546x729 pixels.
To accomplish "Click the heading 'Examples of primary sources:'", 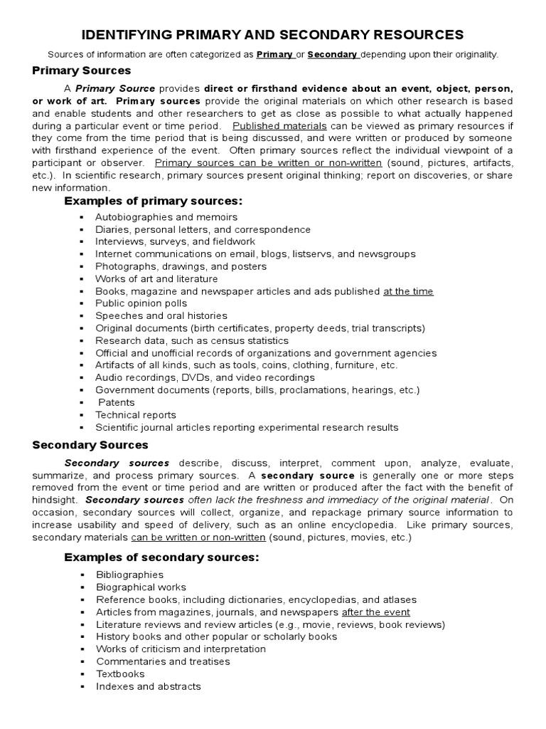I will click(154, 201).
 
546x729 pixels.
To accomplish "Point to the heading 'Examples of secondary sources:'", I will click(161, 557).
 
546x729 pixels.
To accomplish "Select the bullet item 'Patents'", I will click(116, 402).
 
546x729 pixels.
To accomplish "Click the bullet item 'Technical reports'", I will click(136, 415).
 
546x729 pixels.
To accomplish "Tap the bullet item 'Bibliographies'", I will click(130, 575).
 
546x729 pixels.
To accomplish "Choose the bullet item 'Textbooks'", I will click(120, 673).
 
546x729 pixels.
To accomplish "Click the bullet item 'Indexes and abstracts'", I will click(149, 686).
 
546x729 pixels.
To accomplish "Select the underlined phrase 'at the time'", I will click(408, 291).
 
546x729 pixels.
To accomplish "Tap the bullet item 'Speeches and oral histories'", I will click(161, 315).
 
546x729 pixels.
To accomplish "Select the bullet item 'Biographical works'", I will click(141, 587).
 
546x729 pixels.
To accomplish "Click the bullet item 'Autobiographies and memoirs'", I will click(166, 216).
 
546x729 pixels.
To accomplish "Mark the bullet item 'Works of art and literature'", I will click(156, 278).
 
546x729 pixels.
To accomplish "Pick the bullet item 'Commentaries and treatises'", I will click(163, 661).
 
